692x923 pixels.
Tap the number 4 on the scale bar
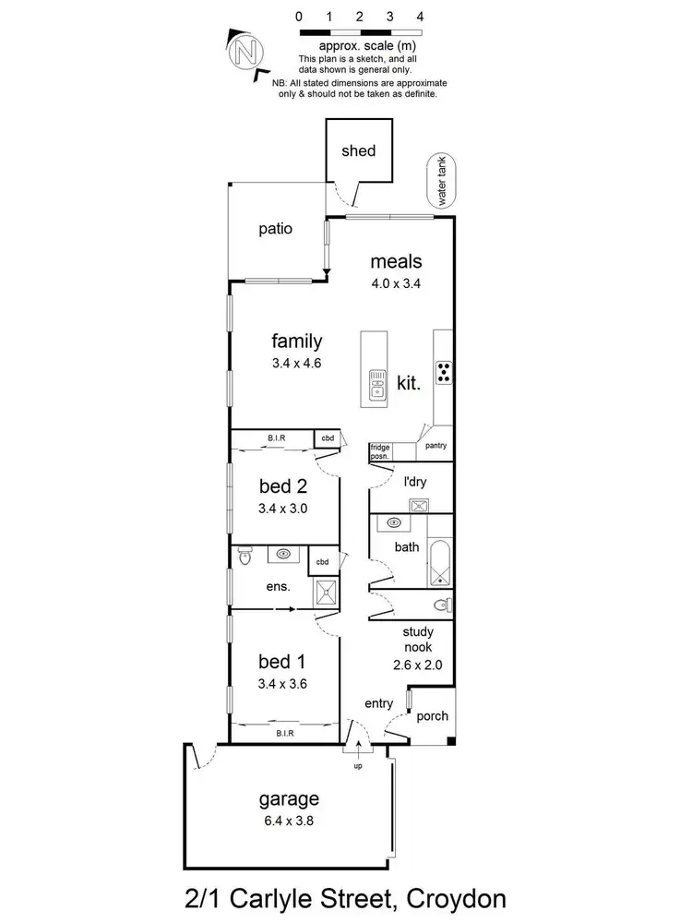[x=420, y=17]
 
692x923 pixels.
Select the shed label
[x=359, y=150]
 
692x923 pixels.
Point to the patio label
[x=275, y=228]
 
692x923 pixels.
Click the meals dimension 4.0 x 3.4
[x=397, y=284]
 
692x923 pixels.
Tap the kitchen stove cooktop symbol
[x=444, y=371]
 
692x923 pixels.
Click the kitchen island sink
[x=377, y=384]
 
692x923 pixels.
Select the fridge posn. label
[x=380, y=451]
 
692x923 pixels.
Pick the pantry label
[x=435, y=446]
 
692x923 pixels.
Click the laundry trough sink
[x=420, y=505]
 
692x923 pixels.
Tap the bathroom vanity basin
[x=394, y=523]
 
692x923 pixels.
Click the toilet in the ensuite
[x=244, y=555]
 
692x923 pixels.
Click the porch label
[x=432, y=716]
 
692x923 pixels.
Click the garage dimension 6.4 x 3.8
[x=289, y=819]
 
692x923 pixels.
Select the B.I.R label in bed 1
[x=284, y=733]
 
